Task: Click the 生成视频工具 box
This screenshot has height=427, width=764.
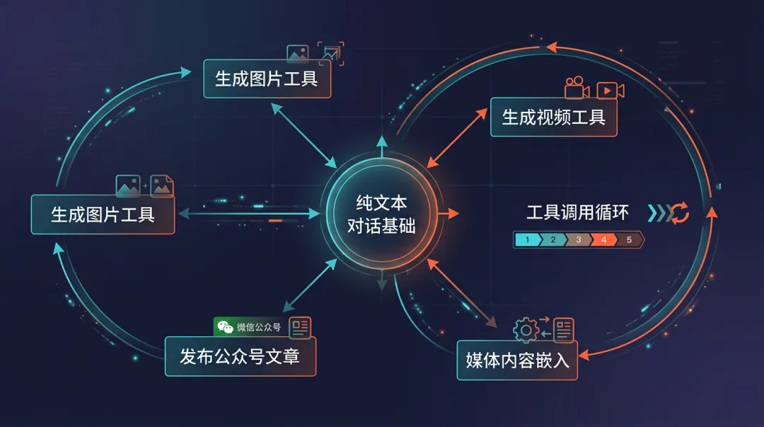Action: coord(553,117)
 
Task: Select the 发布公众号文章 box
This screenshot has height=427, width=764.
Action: coord(240,356)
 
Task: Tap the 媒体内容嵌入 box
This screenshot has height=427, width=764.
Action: coord(517,360)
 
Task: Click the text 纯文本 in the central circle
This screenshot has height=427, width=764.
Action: coord(382,203)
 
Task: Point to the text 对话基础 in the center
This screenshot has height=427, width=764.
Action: coord(382,227)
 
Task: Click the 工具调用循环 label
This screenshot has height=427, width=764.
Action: coord(577,212)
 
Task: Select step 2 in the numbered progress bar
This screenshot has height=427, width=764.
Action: coord(552,240)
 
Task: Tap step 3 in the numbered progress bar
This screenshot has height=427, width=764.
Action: coord(578,240)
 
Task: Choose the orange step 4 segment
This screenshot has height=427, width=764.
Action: coord(603,240)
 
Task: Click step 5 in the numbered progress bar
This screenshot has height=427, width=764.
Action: coord(629,240)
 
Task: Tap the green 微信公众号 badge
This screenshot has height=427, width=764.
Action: coord(249,326)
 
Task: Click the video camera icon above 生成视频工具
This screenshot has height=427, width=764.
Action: coord(577,88)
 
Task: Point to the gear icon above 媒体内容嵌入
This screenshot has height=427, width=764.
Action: coord(526,330)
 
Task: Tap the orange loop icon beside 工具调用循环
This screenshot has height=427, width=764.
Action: coord(678,212)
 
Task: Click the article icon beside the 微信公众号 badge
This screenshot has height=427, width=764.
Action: coord(300,326)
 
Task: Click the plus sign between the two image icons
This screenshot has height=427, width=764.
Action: coord(145,186)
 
